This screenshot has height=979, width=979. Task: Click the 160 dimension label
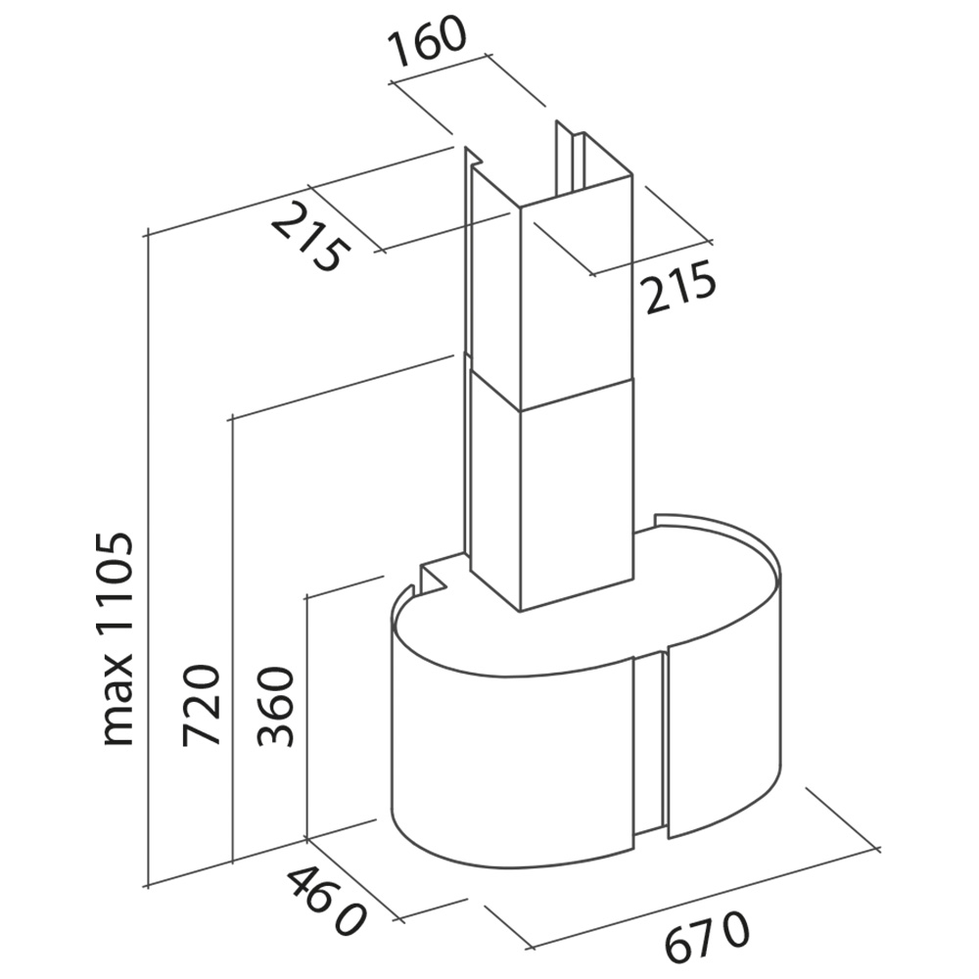point(427,41)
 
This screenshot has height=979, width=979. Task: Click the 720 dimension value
point(202,705)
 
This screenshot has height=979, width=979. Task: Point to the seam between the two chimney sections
point(552,394)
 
